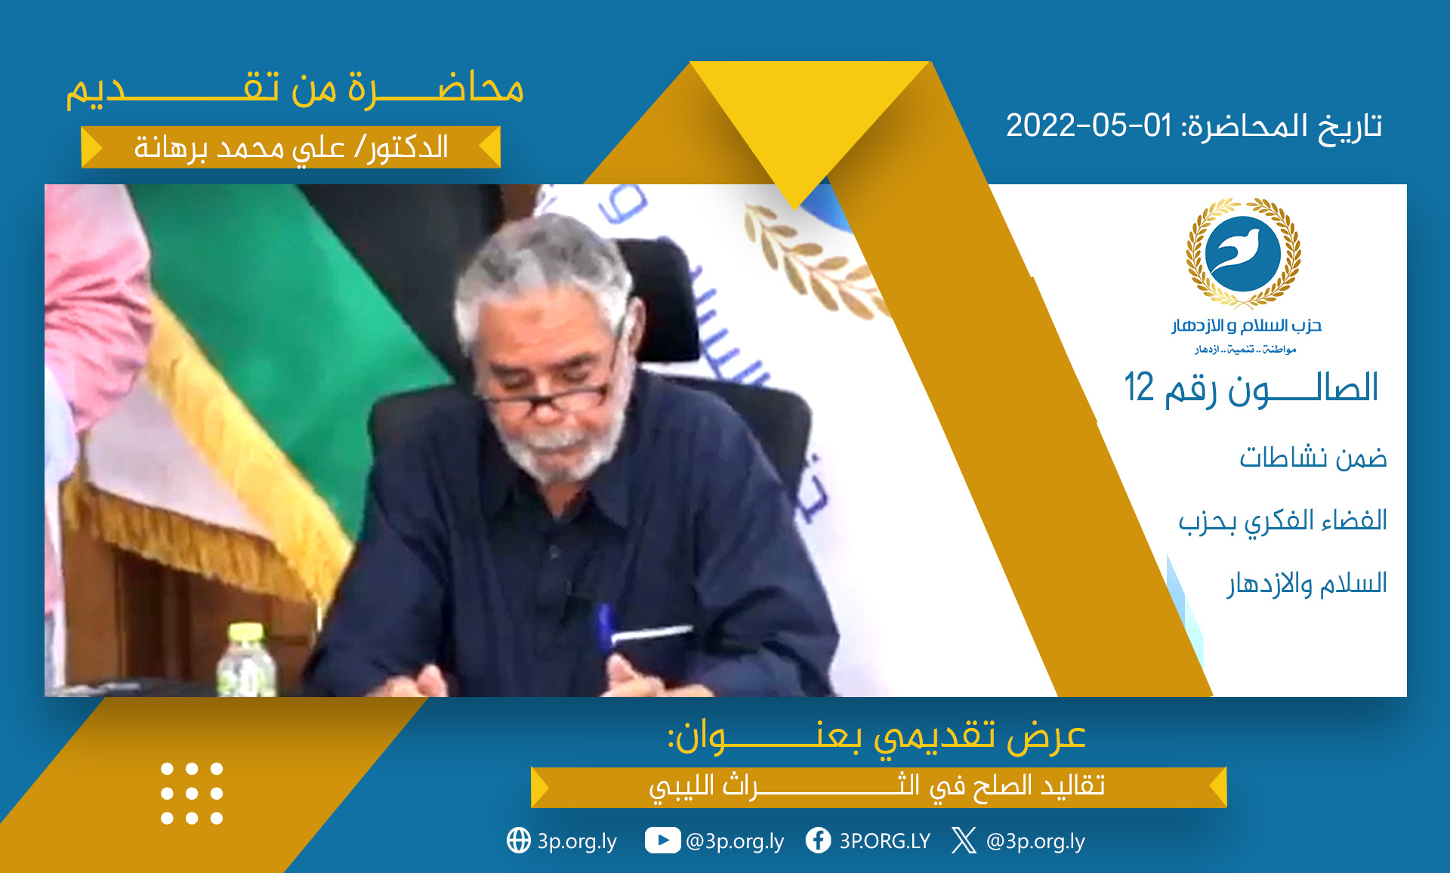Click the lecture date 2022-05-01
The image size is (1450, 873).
click(1089, 125)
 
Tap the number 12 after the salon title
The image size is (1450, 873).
click(1139, 387)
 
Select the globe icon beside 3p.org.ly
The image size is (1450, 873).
click(519, 840)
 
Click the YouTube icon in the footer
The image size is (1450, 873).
click(662, 841)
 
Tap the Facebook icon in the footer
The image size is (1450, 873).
click(819, 840)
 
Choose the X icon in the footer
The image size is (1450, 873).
click(964, 840)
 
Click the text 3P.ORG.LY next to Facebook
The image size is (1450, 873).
click(885, 841)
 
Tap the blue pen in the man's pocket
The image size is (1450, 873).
click(604, 627)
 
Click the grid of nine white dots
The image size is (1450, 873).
click(192, 793)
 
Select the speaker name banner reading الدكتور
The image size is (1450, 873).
click(291, 147)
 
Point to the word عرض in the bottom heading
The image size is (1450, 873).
click(1047, 736)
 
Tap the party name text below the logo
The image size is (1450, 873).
click(1247, 325)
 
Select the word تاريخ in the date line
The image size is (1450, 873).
click(1350, 127)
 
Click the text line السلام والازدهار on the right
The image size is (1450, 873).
click(1307, 584)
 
